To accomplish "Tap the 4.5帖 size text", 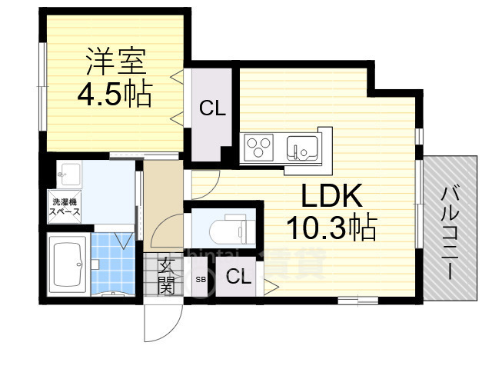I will [113, 95].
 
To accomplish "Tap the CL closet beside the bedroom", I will [212, 109].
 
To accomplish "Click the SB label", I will [201, 278].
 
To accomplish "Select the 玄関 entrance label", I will [166, 276].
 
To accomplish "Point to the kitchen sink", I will [301, 145].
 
